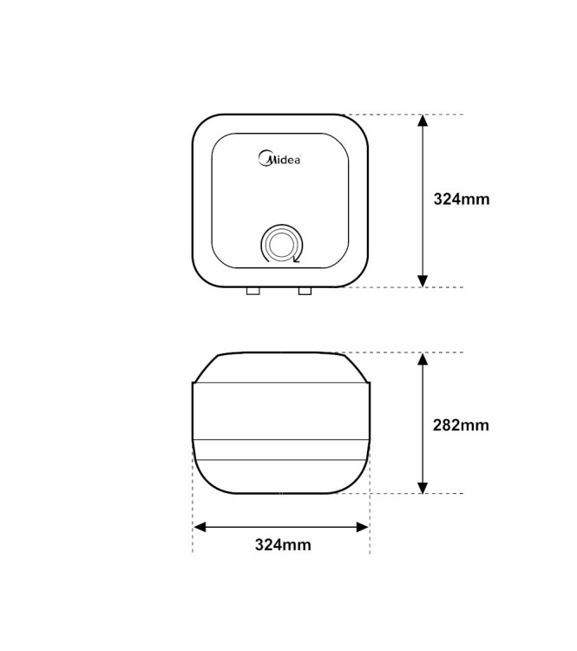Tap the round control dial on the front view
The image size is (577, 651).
pyautogui.click(x=281, y=244)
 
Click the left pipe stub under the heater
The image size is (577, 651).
pyautogui.click(x=252, y=291)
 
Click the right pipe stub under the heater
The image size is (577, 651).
pyautogui.click(x=305, y=291)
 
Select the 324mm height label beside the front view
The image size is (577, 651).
pyautogui.click(x=462, y=199)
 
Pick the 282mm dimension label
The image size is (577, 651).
pyautogui.click(x=461, y=425)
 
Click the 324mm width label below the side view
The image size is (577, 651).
pyautogui.click(x=282, y=545)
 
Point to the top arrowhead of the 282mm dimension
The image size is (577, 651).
pyautogui.click(x=423, y=359)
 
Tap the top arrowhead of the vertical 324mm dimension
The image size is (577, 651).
pyautogui.click(x=423, y=121)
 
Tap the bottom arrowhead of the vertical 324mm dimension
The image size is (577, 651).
pyautogui.click(x=423, y=280)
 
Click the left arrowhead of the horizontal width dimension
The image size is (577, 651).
pyautogui.click(x=200, y=527)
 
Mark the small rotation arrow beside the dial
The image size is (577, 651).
pyautogui.click(x=298, y=257)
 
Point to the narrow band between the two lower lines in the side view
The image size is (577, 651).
pyautogui.click(x=281, y=450)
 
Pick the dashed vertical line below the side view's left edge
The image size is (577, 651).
pyautogui.click(x=193, y=521)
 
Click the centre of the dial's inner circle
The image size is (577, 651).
pyautogui.click(x=281, y=244)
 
